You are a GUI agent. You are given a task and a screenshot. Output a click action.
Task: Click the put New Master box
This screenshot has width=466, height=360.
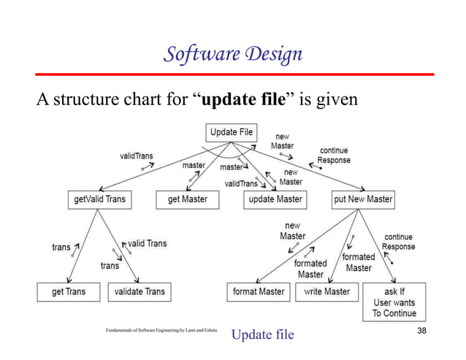(x=363, y=199)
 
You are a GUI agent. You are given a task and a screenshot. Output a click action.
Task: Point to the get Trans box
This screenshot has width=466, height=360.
(x=68, y=291)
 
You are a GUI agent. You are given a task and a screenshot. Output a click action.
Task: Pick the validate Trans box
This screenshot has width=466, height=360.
(x=140, y=291)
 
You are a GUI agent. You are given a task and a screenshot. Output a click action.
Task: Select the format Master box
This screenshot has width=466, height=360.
(x=258, y=291)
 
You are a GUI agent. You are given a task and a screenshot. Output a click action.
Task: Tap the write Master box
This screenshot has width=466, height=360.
(x=326, y=291)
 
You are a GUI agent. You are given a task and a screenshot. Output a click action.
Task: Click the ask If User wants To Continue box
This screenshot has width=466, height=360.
(x=394, y=302)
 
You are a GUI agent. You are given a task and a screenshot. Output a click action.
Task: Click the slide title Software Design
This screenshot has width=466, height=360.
(x=232, y=55)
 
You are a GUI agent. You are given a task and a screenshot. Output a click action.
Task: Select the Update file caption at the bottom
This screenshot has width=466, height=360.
(x=262, y=334)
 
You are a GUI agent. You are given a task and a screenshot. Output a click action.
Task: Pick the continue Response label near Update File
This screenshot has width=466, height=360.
(x=334, y=156)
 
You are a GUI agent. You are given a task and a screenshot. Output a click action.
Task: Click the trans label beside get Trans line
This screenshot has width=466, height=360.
(x=61, y=247)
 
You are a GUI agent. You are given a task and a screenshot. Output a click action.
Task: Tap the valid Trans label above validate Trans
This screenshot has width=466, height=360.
(x=147, y=243)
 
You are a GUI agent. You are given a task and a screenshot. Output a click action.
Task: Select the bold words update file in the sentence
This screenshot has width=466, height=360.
(x=242, y=99)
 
